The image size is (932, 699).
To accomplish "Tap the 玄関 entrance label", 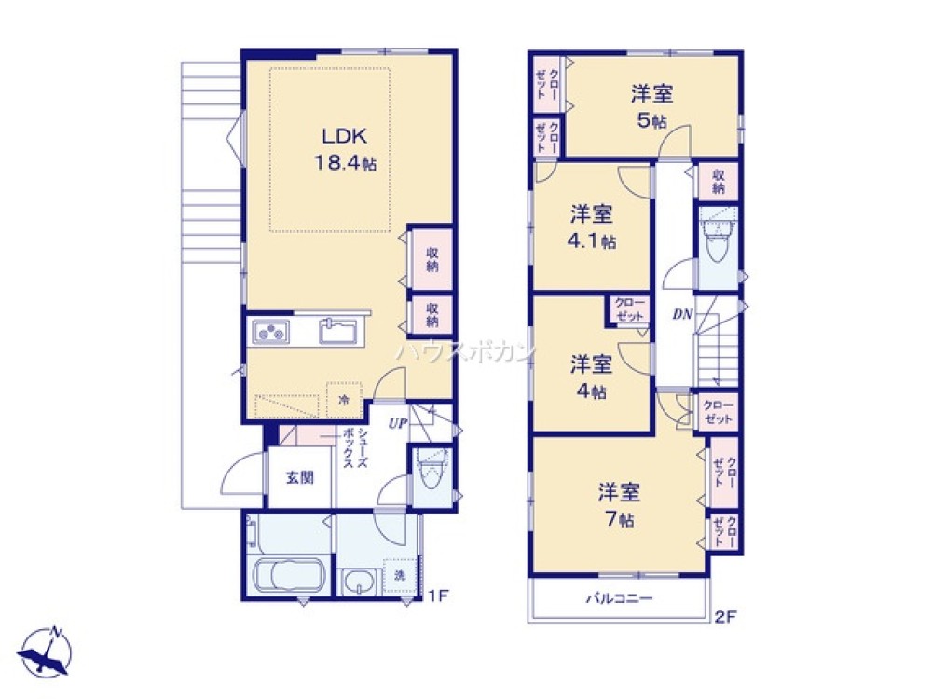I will [299, 477].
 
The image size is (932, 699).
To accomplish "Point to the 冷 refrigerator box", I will [344, 399].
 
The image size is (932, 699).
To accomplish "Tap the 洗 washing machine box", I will [399, 576].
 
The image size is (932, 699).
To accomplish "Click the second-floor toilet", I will [719, 240].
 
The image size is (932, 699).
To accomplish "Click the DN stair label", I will [682, 315].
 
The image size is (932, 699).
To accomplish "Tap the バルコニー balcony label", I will [619, 599].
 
